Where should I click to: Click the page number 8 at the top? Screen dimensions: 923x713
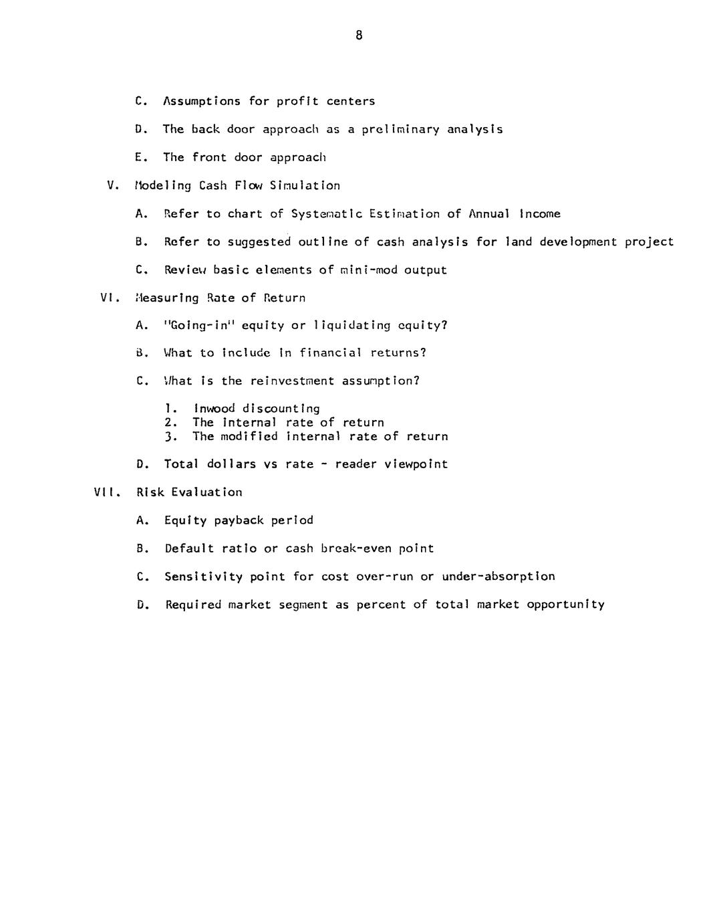pyautogui.click(x=359, y=35)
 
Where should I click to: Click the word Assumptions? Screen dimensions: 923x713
pyautogui.click(x=202, y=102)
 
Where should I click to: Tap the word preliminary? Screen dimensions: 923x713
pyautogui.click(x=400, y=130)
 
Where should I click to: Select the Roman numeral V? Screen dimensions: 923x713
pyautogui.click(x=113, y=186)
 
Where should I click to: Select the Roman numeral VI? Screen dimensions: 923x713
pyautogui.click(x=109, y=298)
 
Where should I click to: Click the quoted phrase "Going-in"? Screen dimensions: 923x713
pyautogui.click(x=199, y=326)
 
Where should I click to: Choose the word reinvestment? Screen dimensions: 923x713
pyautogui.click(x=292, y=381)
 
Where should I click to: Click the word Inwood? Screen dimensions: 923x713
pyautogui.click(x=214, y=409)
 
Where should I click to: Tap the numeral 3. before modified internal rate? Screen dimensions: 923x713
pyautogui.click(x=170, y=437)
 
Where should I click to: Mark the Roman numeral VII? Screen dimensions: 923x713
pyautogui.click(x=106, y=492)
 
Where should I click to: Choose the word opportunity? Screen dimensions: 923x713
pyautogui.click(x=565, y=605)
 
